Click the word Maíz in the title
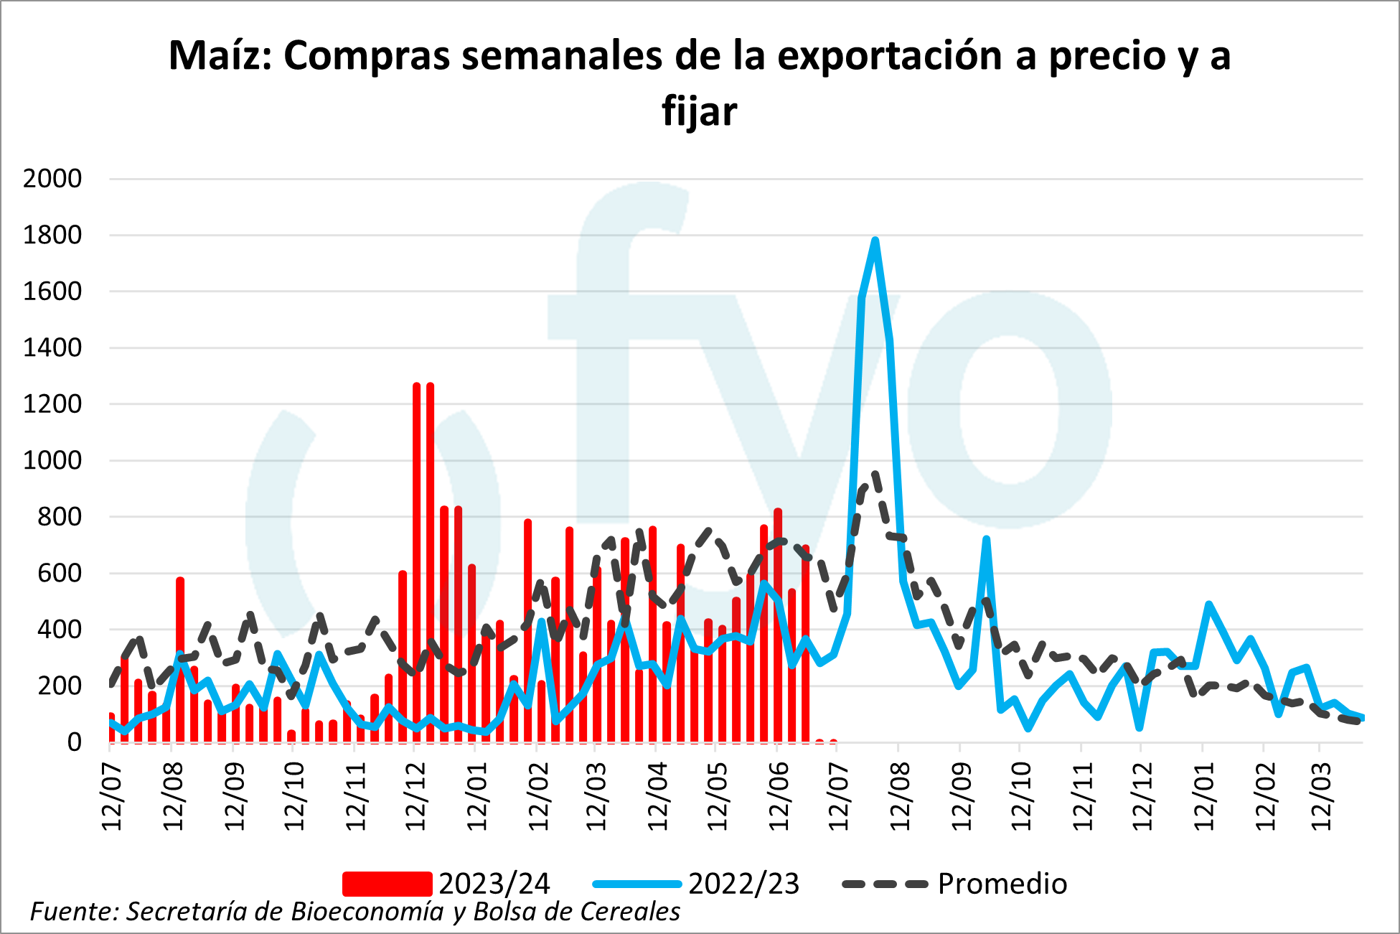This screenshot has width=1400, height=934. (219, 56)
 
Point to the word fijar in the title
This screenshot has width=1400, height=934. (700, 111)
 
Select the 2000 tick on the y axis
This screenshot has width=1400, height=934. (52, 179)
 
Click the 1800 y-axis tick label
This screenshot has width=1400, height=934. (52, 235)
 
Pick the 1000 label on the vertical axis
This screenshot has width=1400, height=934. (52, 460)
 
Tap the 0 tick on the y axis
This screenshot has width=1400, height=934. (74, 742)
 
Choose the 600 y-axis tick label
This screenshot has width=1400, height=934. (60, 573)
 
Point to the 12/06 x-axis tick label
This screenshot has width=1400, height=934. (779, 796)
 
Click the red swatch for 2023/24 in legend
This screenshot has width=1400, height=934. (387, 884)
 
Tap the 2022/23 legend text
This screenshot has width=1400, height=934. (743, 884)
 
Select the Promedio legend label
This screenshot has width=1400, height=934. (1002, 884)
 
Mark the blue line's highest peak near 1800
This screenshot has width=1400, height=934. (875, 240)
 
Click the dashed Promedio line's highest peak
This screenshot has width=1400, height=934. (875, 475)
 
